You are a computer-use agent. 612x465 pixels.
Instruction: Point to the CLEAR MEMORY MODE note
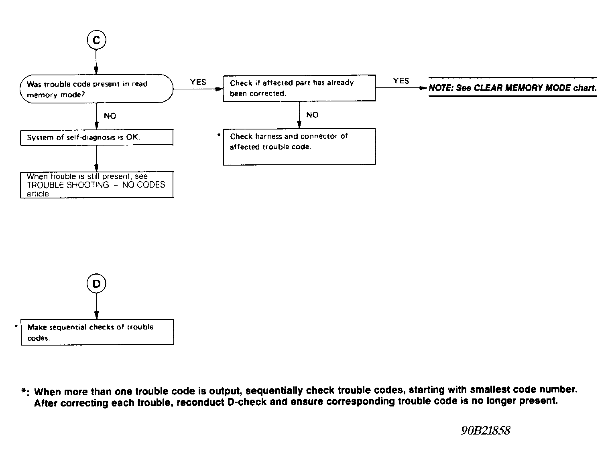[x=512, y=88]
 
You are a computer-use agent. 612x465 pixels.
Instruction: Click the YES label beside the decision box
[x=198, y=82]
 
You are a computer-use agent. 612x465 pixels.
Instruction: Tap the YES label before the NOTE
[x=401, y=81]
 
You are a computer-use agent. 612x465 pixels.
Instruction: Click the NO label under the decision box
[x=110, y=116]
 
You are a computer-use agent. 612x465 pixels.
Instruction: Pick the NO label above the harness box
[x=312, y=115]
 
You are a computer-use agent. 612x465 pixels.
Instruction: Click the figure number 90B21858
[x=486, y=431]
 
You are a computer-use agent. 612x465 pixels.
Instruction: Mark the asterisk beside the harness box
[x=219, y=135]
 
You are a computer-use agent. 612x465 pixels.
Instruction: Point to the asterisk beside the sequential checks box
[x=16, y=326]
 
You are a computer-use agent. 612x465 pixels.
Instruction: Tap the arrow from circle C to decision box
[x=96, y=62]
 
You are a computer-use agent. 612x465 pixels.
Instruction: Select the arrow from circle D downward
[x=96, y=306]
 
